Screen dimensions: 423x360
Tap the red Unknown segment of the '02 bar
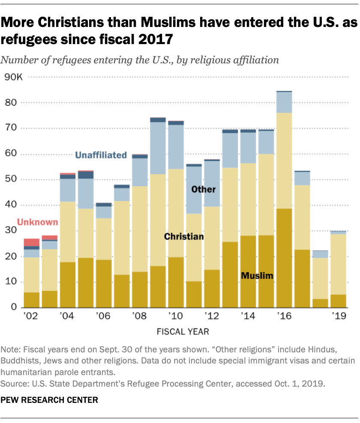point(32,242)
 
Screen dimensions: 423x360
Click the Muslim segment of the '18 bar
point(320,303)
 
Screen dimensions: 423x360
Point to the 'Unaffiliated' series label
point(101,155)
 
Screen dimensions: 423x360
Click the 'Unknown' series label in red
point(37,222)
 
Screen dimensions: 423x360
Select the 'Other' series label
point(204,189)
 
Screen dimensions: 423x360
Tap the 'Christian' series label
point(183,236)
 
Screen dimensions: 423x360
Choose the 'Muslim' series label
point(257,276)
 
